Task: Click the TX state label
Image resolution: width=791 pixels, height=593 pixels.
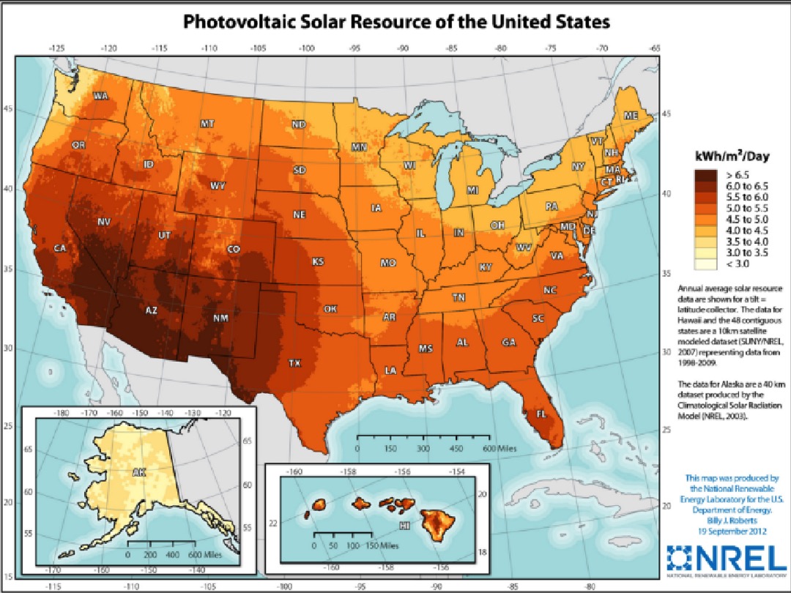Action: pyautogui.click(x=294, y=363)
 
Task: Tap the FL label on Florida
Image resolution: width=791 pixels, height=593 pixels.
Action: pyautogui.click(x=541, y=414)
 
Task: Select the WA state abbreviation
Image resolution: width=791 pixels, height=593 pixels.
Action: pyautogui.click(x=100, y=96)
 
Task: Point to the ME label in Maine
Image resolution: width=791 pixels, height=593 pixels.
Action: pyautogui.click(x=630, y=116)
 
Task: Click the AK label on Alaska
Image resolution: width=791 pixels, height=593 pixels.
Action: pyautogui.click(x=139, y=473)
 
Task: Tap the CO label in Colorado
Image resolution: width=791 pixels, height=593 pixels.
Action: pyautogui.click(x=234, y=250)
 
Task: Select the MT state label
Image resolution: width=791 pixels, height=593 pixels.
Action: pyautogui.click(x=208, y=124)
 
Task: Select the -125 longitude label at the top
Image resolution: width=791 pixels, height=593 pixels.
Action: pyautogui.click(x=57, y=48)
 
